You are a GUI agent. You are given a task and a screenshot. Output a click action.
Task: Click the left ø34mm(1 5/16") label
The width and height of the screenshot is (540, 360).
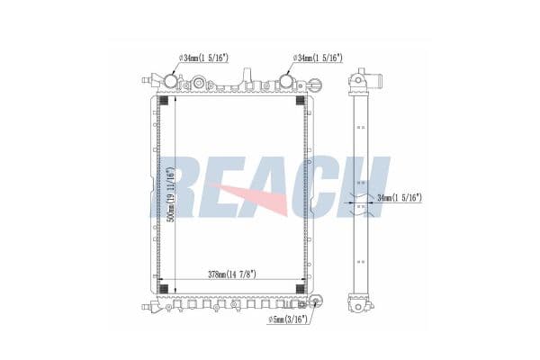point(203,58)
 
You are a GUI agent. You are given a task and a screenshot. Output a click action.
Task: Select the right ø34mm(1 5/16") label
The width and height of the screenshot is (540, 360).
point(318,58)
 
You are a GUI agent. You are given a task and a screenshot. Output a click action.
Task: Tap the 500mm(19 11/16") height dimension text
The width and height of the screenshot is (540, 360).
point(170,194)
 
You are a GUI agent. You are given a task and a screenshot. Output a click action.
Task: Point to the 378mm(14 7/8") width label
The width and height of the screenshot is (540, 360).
point(232,274)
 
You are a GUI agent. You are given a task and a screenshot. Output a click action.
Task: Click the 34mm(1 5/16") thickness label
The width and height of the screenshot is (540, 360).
point(400,198)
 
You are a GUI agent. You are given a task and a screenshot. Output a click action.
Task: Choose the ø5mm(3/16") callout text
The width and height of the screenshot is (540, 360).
point(288,319)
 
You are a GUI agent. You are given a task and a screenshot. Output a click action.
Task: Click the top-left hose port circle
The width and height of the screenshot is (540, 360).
point(170,81)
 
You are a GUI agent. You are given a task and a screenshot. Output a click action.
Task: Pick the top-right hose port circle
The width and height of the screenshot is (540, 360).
point(285,81)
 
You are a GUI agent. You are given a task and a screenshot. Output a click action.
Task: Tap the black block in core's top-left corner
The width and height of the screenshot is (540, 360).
point(163,101)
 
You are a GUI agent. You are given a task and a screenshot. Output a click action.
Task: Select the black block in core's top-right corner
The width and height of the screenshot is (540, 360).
point(301,101)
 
